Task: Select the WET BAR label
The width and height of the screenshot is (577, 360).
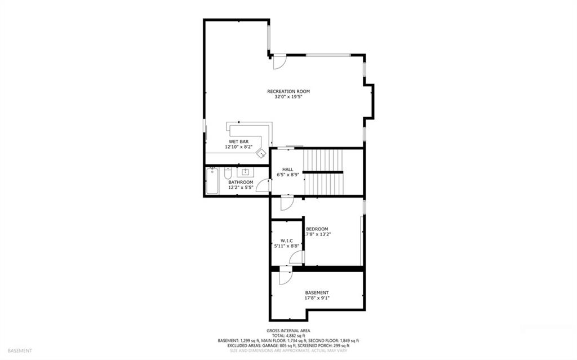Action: (239, 141)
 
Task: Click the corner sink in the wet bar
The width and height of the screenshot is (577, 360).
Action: (262, 153)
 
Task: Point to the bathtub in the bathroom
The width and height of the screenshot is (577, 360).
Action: (212, 181)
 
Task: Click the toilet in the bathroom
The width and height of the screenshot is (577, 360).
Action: (228, 173)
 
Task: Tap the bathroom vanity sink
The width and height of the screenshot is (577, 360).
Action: (245, 172)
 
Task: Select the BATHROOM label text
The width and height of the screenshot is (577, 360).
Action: (241, 182)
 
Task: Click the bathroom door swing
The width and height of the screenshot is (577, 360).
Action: (263, 185)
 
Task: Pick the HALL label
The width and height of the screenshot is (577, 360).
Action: (288, 170)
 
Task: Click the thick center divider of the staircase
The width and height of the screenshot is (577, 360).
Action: (323, 172)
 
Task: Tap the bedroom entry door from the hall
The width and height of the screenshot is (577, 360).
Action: (287, 203)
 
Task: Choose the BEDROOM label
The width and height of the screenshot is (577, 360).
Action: (317, 229)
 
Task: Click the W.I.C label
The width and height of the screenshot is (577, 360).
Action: (287, 241)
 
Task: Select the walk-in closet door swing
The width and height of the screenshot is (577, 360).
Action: (296, 257)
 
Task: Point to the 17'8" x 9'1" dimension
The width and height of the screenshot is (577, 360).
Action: (317, 298)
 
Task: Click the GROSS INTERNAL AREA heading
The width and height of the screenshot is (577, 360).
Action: (288, 331)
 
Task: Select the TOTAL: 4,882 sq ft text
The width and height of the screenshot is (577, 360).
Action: (288, 336)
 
